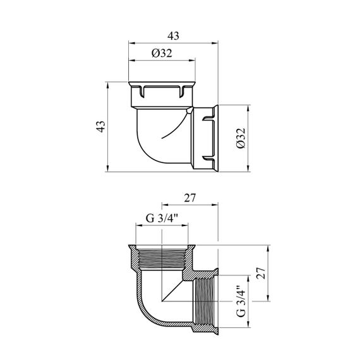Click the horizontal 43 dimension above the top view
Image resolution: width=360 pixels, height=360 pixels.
173,36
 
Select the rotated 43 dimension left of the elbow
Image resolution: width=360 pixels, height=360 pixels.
101,126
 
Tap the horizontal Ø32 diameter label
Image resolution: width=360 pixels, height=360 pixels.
162,53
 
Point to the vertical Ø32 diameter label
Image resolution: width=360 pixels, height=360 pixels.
241,138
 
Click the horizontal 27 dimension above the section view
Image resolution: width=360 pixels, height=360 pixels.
189,198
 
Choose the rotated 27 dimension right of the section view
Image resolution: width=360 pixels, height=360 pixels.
261,273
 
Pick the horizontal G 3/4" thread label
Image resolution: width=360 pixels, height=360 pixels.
162,218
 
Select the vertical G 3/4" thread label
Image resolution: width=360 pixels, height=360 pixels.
241,301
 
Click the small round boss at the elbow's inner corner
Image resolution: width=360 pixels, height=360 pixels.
189,111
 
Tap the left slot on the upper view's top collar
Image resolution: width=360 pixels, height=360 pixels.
142,92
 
